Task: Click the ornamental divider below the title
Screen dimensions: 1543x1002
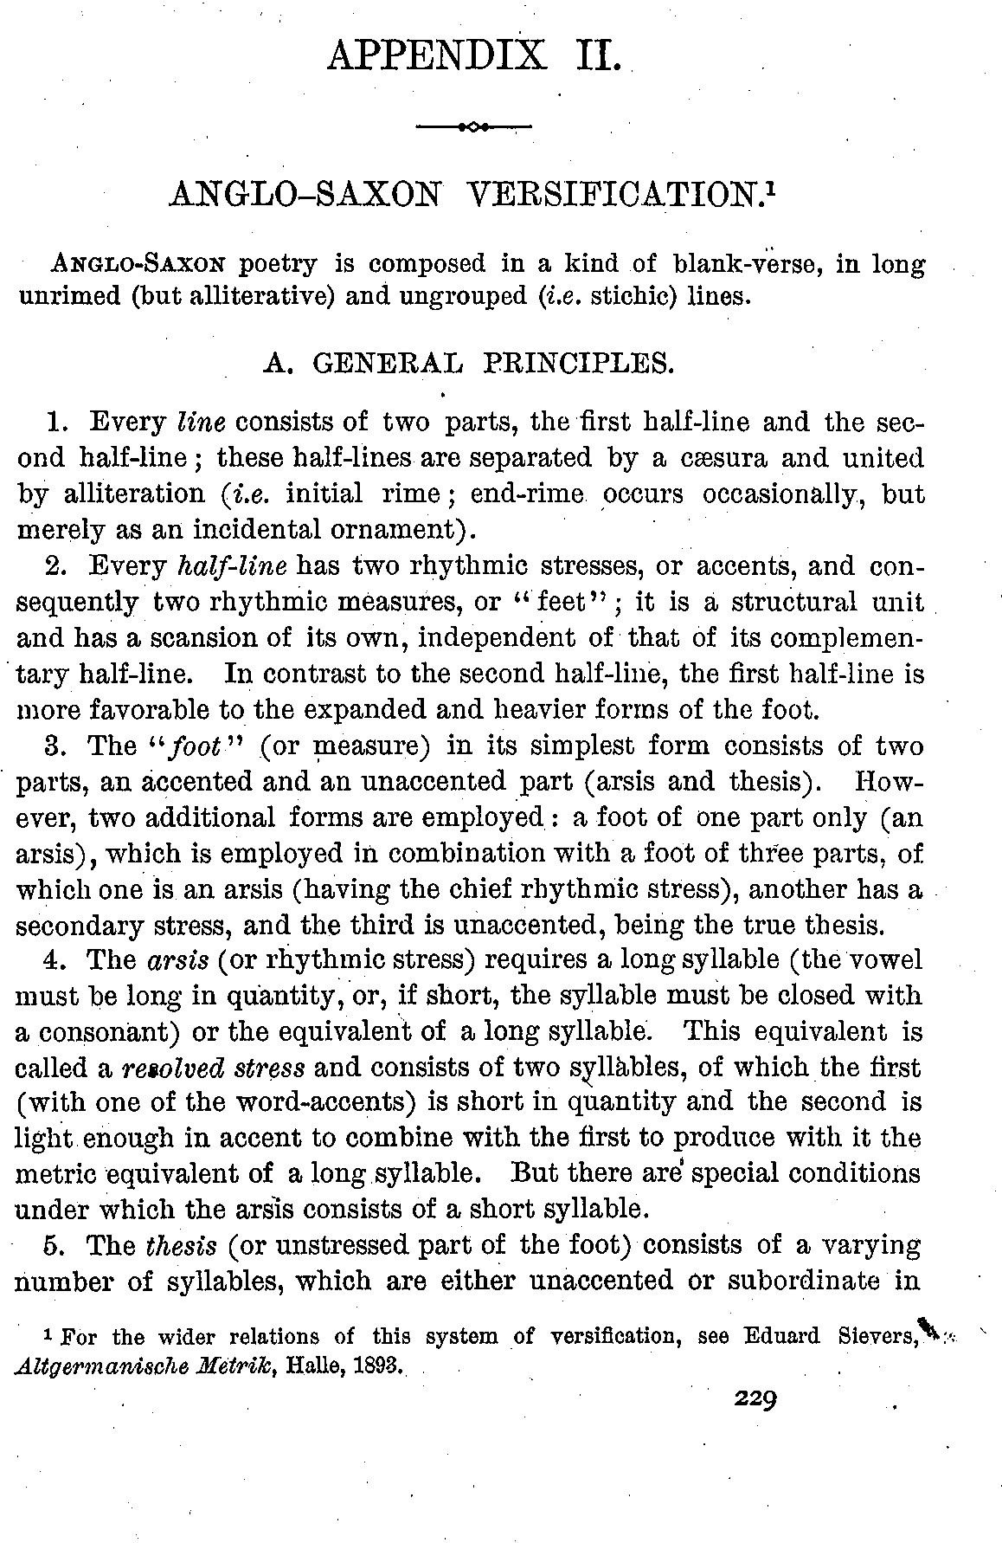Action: (x=473, y=127)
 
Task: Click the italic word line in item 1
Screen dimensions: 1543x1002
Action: (x=201, y=423)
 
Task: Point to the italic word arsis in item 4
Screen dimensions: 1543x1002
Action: (x=176, y=960)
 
